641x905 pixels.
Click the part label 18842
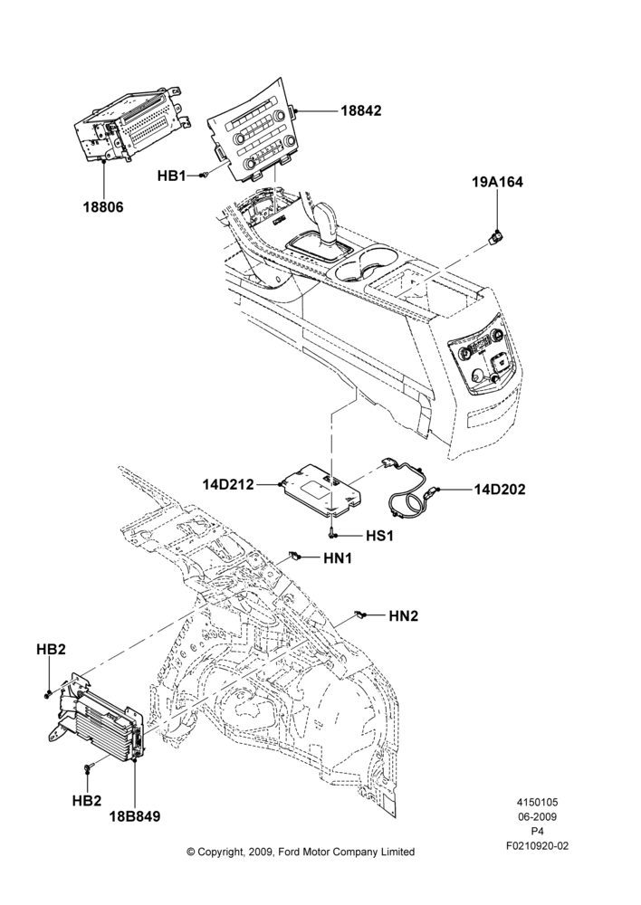[361, 110]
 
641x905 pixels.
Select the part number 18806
[103, 206]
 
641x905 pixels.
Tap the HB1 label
[171, 176]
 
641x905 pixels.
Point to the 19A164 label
[498, 183]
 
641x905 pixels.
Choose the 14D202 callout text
[500, 490]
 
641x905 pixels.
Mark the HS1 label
[379, 536]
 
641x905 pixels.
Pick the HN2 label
[404, 616]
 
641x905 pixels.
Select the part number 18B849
[135, 816]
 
